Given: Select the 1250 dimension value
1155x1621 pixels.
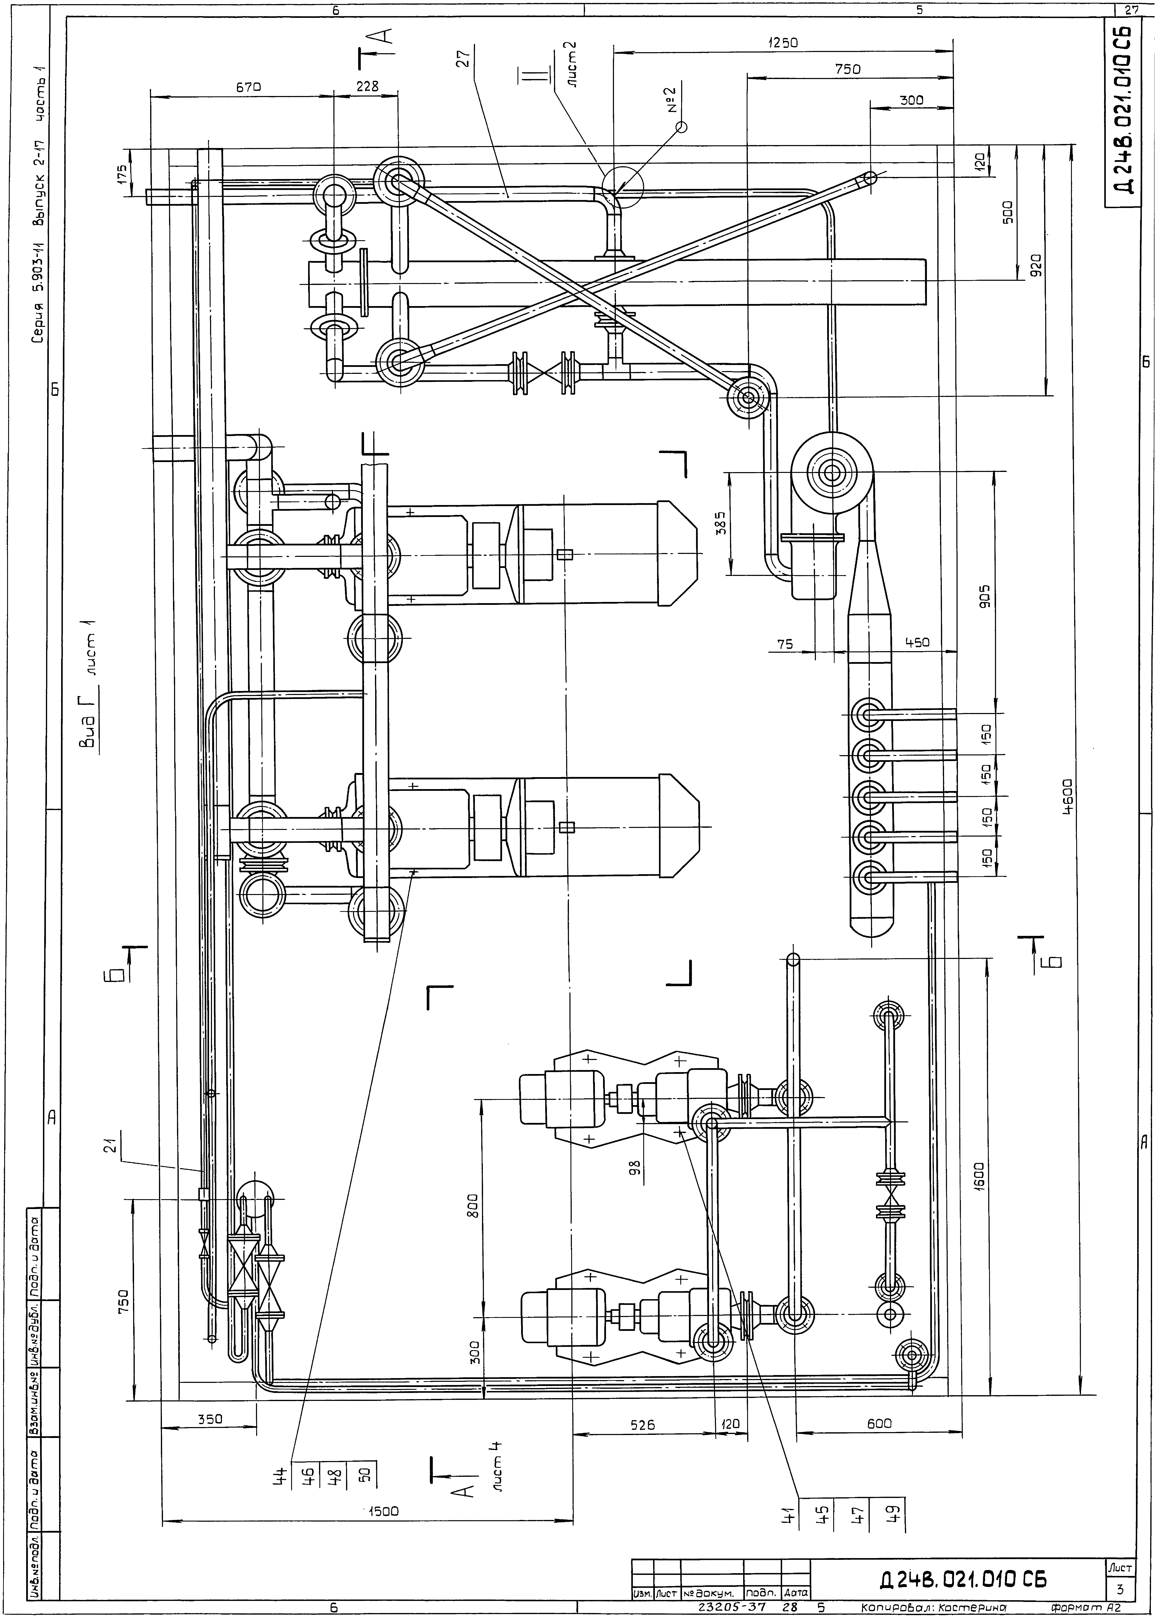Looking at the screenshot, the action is (x=783, y=43).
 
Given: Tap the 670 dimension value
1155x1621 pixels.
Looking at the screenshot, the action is (x=249, y=87).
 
